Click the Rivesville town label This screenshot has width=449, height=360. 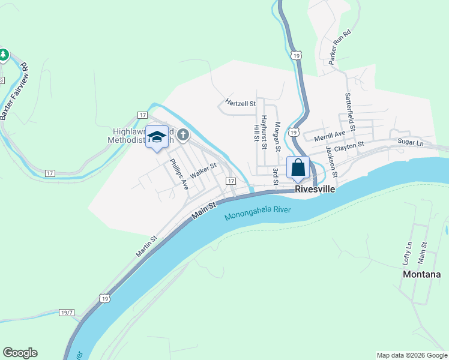coord(314,188)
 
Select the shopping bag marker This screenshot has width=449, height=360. coord(298,168)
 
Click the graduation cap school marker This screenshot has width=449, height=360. coord(157,137)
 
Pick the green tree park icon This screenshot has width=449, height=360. coord(4,55)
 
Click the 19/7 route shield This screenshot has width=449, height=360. coord(67,313)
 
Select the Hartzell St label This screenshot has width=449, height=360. coord(241,103)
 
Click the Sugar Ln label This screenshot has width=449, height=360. coord(411,142)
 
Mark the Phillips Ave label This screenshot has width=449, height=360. coord(179,175)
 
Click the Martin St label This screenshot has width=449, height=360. coord(146,246)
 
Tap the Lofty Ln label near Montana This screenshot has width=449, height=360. coord(408,254)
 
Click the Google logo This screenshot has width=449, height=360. coord(20,353)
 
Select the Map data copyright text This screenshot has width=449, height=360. coord(411,355)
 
